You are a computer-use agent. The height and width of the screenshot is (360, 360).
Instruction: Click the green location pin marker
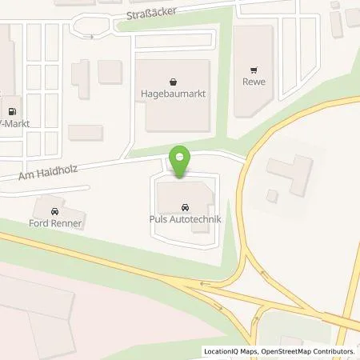181,159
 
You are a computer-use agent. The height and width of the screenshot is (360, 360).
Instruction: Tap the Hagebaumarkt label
173,94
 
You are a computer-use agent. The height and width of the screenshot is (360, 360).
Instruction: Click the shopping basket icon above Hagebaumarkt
173,82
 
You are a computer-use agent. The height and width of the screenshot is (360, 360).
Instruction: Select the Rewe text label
254,82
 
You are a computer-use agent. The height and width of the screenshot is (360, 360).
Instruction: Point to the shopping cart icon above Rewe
254,70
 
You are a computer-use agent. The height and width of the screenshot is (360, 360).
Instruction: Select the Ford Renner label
56,223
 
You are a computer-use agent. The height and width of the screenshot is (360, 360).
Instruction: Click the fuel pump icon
12,113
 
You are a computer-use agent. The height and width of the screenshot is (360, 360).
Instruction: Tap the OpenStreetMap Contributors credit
313,351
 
